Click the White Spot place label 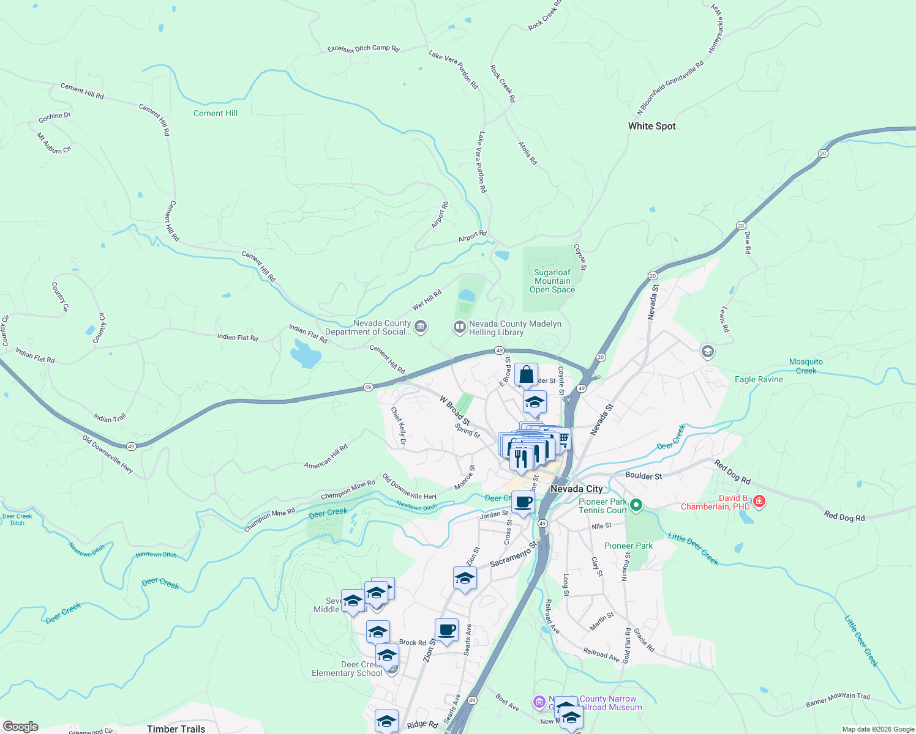pos(651,126)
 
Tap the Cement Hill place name pos(216,113)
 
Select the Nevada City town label pos(576,489)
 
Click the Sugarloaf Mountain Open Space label pos(552,281)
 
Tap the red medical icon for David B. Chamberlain pos(759,502)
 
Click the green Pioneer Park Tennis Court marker pos(636,505)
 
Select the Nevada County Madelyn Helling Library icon pos(459,328)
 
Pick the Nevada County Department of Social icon pos(421,327)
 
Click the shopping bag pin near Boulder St pos(526,374)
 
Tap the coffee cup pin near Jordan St pos(523,503)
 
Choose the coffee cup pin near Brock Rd pos(446,630)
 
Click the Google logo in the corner pos(21,727)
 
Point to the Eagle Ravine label pos(759,379)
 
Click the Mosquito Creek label pos(806,366)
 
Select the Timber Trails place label pos(176,728)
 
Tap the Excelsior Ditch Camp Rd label pos(363,48)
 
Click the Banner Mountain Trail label pos(838,699)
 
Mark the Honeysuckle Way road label pos(716,28)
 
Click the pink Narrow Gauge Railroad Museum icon pos(539,702)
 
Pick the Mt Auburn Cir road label pos(54,143)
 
